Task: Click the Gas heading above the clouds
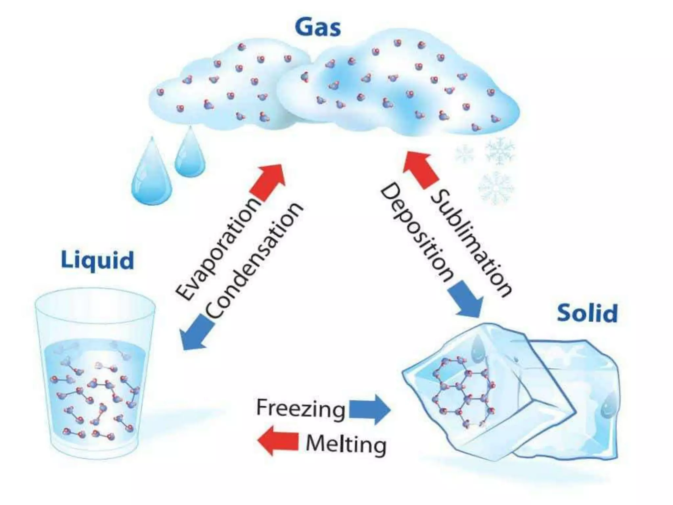pyautogui.click(x=318, y=27)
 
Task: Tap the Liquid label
pyautogui.click(x=98, y=260)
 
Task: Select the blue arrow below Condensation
pyautogui.click(x=197, y=332)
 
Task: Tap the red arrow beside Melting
pyautogui.click(x=278, y=441)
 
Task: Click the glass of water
pyautogui.click(x=95, y=372)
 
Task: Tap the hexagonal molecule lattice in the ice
pyautogui.click(x=464, y=391)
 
